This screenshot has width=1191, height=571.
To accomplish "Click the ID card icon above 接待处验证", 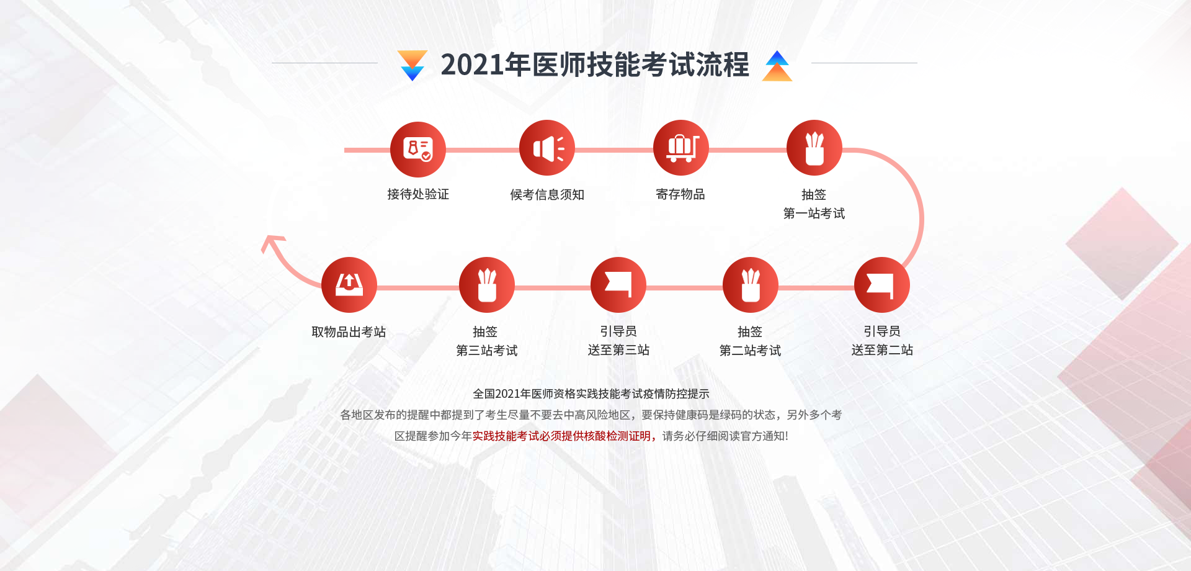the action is coord(418,150).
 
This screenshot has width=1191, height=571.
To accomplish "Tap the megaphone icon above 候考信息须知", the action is coord(547,148).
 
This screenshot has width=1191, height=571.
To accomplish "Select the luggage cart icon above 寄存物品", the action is coord(681,148).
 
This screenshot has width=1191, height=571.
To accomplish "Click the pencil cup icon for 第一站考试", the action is coord(814,148).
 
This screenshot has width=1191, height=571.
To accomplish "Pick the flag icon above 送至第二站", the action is coord(882,285).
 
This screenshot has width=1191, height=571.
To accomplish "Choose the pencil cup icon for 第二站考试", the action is coord(751,285).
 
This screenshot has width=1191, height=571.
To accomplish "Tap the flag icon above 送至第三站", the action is coord(618,285).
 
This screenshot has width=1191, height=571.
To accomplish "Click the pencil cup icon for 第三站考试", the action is coord(487,285).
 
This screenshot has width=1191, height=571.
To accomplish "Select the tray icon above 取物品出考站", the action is coord(349,285).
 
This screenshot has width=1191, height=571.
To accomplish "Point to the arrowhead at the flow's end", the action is coord(271,242).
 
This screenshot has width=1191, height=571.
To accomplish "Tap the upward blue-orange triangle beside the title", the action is coord(777,66).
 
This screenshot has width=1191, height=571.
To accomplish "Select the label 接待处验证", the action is coord(418,194).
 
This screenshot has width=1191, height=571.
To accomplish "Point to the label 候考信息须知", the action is coord(547,195).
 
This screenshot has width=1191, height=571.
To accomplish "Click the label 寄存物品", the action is coord(680,194).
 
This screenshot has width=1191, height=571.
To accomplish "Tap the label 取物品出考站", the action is coord(349,332).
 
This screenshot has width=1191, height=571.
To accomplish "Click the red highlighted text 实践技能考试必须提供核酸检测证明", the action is coord(561,436).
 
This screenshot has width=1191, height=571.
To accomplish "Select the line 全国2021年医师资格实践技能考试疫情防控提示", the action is coord(591,393).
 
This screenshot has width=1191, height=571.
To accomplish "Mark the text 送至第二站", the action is coord(882,350).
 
